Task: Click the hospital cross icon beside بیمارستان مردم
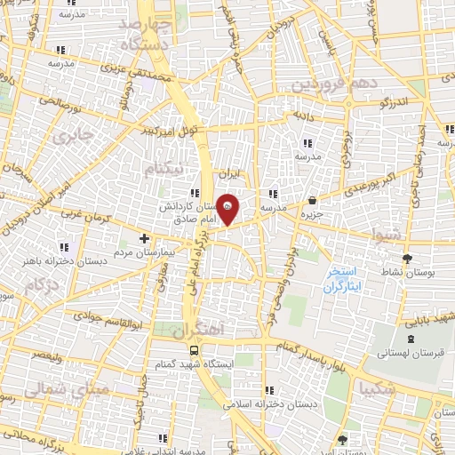pyautogui.click(x=145, y=238)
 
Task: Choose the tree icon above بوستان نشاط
pyautogui.click(x=408, y=258)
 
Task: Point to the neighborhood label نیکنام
pyautogui.click(x=166, y=167)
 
